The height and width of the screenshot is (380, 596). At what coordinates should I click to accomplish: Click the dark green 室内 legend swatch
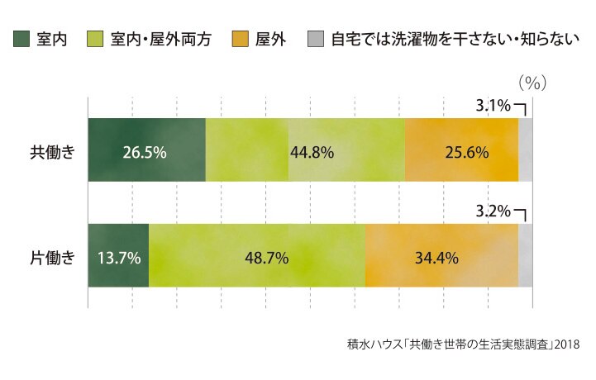pos(21,39)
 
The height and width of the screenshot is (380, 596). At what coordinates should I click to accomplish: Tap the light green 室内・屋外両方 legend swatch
pos(94,39)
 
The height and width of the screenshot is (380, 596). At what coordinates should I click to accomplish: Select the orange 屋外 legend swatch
pos(240,39)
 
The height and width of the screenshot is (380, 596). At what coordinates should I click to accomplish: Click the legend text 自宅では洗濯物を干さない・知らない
pos(455,39)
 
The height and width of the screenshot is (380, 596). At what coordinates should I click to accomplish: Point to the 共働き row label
pos(52,152)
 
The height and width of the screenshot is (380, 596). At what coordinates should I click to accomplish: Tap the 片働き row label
pos(52,258)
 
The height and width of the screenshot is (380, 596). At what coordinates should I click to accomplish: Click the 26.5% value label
pos(145,152)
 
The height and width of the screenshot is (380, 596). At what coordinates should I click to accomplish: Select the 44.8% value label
pos(312,152)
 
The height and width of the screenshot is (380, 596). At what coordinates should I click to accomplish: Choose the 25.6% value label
pos(467,152)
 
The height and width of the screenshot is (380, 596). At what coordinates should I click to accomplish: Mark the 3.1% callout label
pos(493,105)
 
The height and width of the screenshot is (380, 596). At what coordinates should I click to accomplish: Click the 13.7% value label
pos(119,258)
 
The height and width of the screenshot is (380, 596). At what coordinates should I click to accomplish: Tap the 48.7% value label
pos(266,258)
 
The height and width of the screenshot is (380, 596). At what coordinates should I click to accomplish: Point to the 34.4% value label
pos(436,258)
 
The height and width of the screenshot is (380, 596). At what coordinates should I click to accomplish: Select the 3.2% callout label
pos(493,211)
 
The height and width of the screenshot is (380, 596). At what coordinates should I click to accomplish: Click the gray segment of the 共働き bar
pos(525,150)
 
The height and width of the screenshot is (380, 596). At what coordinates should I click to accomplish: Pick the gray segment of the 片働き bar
pos(525,255)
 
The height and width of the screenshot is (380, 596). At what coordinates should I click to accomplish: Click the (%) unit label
pos(532,83)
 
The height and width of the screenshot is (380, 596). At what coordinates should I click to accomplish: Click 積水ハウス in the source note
pos(374,344)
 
